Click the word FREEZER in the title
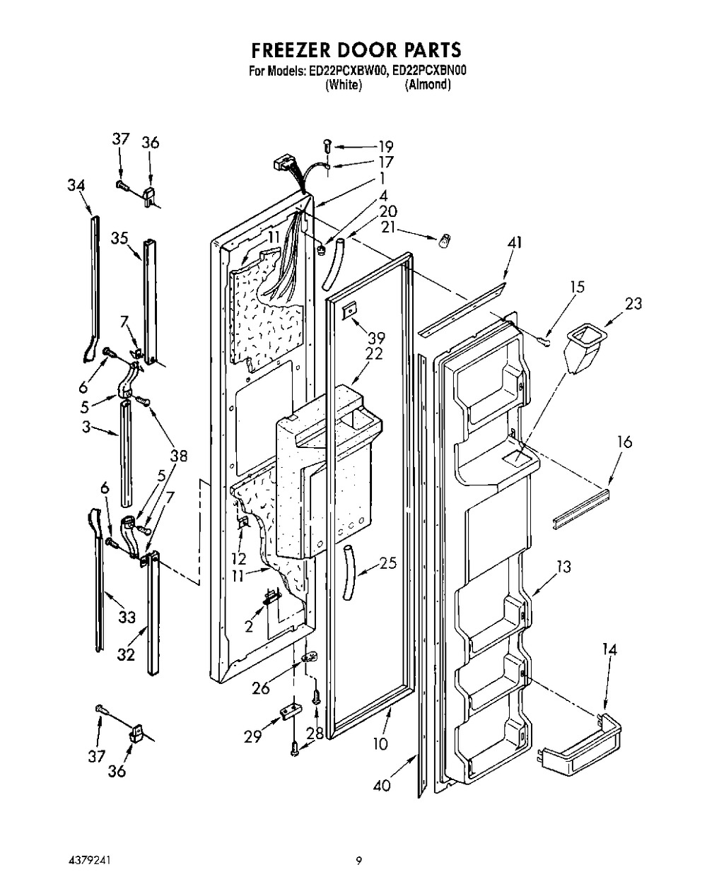[288, 49]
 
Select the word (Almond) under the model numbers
[428, 85]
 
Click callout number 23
[633, 304]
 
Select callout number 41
[514, 243]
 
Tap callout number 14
[609, 649]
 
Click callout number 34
[76, 185]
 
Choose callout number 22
[374, 353]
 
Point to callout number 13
[563, 567]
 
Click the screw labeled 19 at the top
[327, 147]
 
